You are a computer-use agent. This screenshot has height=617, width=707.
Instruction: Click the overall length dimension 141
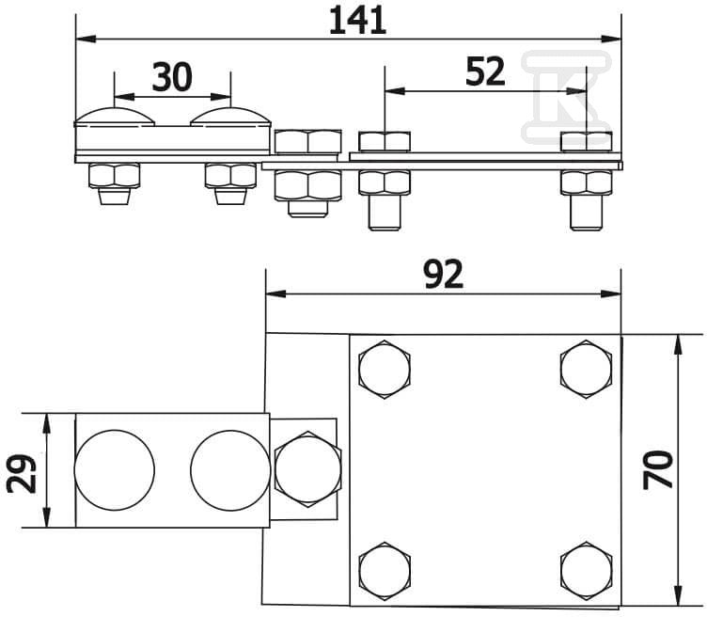(357, 22)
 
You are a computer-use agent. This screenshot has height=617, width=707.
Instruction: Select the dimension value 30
(172, 77)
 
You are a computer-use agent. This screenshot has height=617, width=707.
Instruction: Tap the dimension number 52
(485, 72)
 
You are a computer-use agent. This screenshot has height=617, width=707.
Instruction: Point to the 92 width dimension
(444, 276)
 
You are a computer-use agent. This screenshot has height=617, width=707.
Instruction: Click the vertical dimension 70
(658, 469)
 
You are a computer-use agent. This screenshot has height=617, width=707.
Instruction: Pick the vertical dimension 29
(22, 474)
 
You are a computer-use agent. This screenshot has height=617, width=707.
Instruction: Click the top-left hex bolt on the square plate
(385, 370)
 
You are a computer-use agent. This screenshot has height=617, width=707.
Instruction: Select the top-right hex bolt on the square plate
(586, 370)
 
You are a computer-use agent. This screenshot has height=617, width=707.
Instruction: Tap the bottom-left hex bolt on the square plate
(385, 571)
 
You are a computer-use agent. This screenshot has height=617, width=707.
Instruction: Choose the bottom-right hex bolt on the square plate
(586, 571)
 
